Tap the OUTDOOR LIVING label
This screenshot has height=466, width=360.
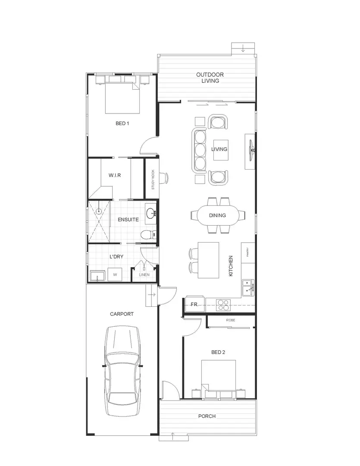click(x=210, y=78)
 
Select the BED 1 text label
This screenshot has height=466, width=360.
click(x=122, y=123)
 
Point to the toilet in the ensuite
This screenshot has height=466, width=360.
click(x=146, y=235)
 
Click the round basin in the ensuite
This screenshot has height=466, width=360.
click(x=150, y=213)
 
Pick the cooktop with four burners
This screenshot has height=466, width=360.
click(x=224, y=304)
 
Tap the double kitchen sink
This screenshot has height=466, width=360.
click(x=247, y=288)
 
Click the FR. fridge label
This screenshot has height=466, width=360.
click(x=194, y=304)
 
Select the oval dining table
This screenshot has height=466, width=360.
click(x=217, y=215)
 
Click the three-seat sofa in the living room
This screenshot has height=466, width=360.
click(x=199, y=150)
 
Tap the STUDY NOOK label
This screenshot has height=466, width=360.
click(x=153, y=180)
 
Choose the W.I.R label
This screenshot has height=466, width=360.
click(x=114, y=176)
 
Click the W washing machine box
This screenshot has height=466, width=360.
click(x=115, y=274)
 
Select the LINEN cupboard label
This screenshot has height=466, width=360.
click(x=144, y=274)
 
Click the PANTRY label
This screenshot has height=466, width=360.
click(x=248, y=253)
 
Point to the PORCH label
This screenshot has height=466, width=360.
click(x=207, y=416)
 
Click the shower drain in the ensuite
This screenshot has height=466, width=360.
click(x=99, y=211)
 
